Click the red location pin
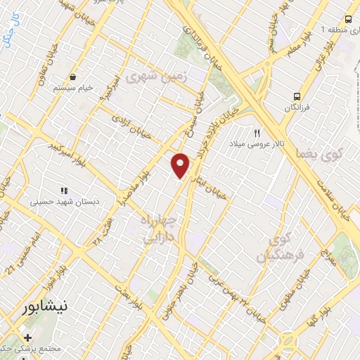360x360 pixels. [181, 165]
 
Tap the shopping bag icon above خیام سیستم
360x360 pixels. [72, 77]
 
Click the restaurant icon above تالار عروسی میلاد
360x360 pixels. [257, 132]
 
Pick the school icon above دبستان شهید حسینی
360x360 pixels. [63, 190]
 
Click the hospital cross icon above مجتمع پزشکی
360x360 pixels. [28, 337]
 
